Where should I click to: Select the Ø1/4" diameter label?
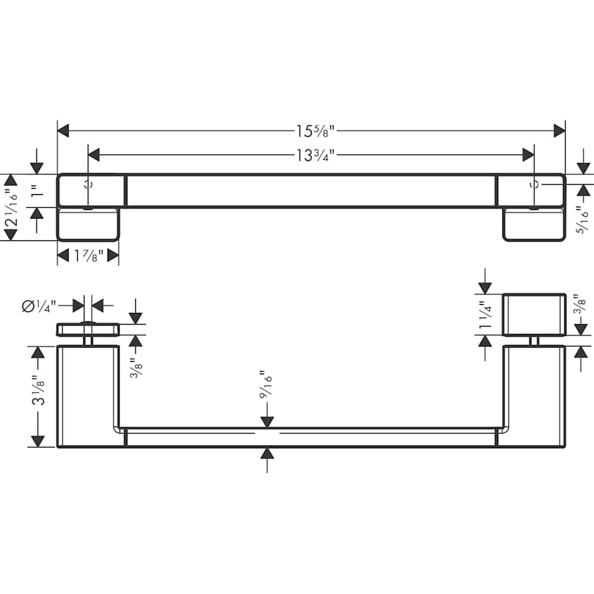pyautogui.click(x=40, y=306)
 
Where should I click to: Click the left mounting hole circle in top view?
pyautogui.click(x=88, y=185)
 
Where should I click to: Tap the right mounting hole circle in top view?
pyautogui.click(x=535, y=185)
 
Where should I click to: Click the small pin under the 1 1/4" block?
pyautogui.click(x=535, y=341)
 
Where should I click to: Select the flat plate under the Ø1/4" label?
pyautogui.click(x=88, y=329)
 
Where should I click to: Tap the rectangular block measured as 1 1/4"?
pyautogui.click(x=535, y=315)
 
